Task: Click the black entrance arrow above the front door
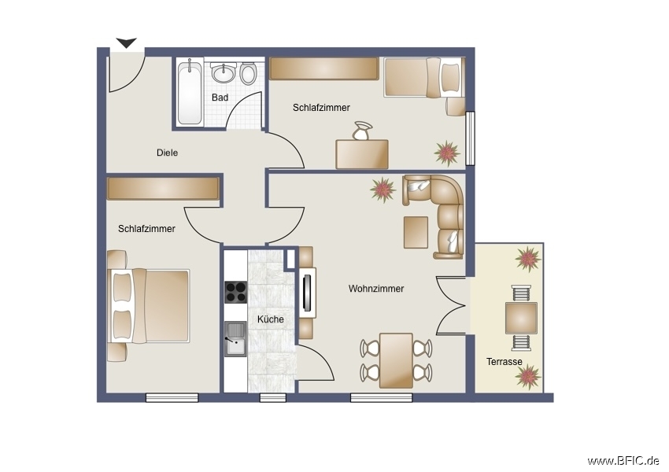point(127,43)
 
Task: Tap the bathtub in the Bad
point(190,93)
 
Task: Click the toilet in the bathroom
point(248,73)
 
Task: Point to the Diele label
point(167,153)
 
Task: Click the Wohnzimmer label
point(376,289)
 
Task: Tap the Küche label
point(271,319)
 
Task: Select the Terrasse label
point(504,362)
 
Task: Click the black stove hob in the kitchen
point(235,292)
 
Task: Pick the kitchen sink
point(235,339)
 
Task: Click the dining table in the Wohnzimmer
point(396,360)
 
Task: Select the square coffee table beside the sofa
point(416,232)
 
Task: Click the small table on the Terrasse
point(521,318)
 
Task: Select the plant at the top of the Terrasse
point(527,257)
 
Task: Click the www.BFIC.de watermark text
point(623,460)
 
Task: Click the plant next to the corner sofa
point(383,189)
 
